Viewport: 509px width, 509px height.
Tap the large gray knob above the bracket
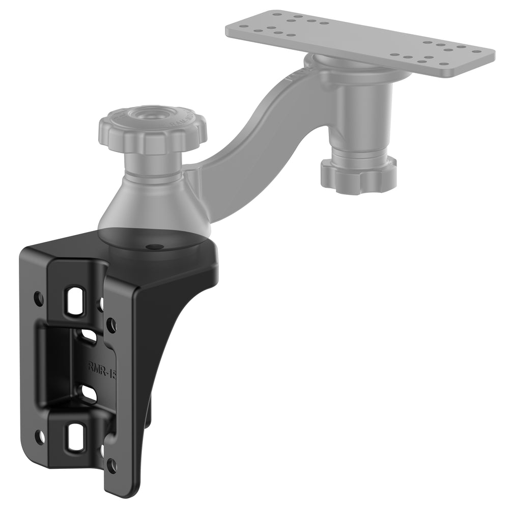153,130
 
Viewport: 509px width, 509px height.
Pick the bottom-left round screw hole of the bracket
39,437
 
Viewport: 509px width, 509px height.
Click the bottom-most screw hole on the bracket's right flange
112,464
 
